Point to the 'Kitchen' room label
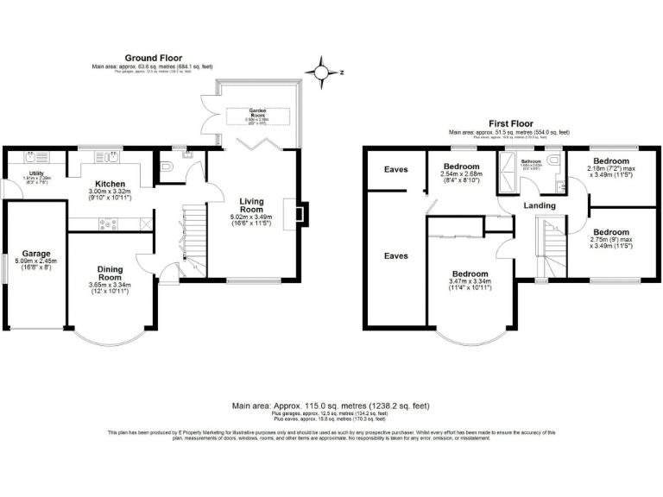click(111, 184)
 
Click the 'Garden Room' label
click(257, 111)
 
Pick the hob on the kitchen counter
click(110, 223)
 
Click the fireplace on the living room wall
click(298, 214)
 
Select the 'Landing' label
click(540, 205)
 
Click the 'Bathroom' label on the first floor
click(530, 161)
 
